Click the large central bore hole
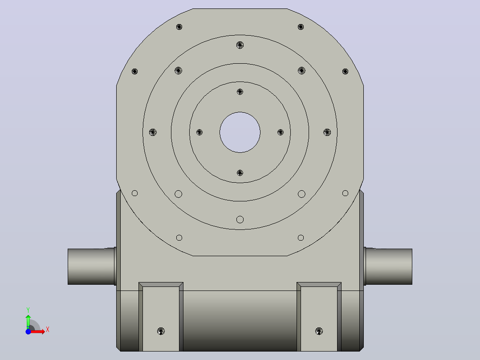pos(240,132)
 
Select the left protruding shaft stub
pos(92,266)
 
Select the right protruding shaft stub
pos(388,266)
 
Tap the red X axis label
pos(48,330)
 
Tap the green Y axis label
pos(28,310)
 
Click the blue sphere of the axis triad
pos(28,332)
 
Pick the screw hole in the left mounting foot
pos(161,331)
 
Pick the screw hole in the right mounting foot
pos(319,331)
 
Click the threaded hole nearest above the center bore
pos(240,92)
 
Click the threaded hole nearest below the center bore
pos(240,173)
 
